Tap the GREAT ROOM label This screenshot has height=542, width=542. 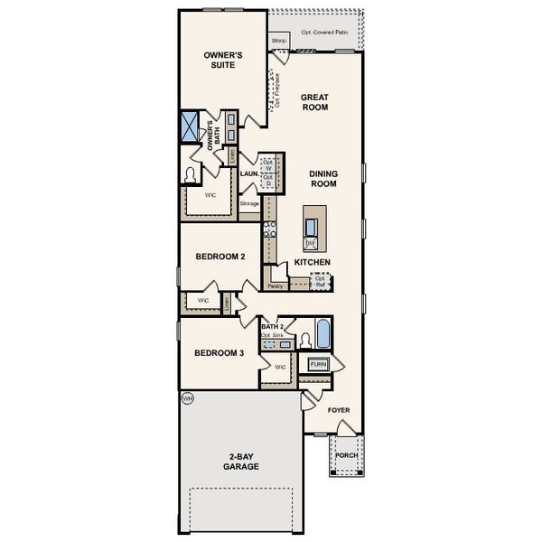click(x=314, y=102)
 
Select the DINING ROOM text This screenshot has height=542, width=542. click(x=322, y=178)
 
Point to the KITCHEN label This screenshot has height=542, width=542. click(x=312, y=262)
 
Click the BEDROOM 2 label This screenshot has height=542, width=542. click(x=220, y=257)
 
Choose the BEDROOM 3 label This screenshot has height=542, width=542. click(x=220, y=352)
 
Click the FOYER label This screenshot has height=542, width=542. click(x=338, y=410)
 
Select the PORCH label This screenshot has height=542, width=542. click(x=347, y=455)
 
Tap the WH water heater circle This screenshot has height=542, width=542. click(x=187, y=397)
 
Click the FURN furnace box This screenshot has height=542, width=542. click(x=318, y=364)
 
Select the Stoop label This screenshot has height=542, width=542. click(x=279, y=41)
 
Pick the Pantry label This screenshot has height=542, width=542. click(x=276, y=285)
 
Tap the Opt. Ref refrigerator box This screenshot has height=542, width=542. click(x=319, y=281)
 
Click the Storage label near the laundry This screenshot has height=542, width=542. click(x=249, y=203)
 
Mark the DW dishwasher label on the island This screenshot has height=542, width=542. click(x=310, y=243)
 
